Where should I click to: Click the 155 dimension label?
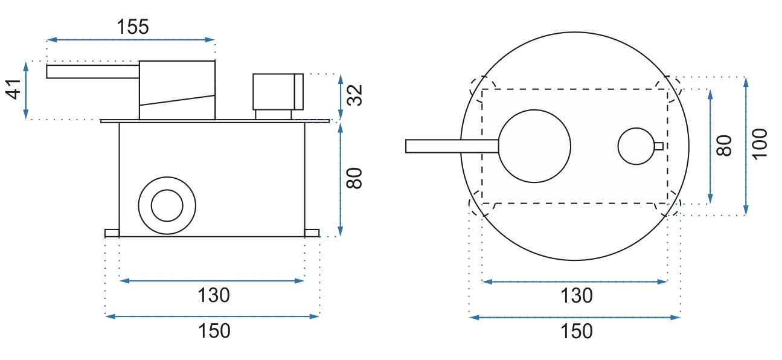coord(133,27)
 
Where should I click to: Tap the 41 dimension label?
coord(13,90)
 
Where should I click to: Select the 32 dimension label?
coord(354,95)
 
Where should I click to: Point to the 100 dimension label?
coord(760,144)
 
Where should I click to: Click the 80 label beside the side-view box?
coord(354,178)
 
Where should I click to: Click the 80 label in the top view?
coord(724,146)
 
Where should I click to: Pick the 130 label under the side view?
coord(214,295)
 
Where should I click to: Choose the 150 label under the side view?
coord(214,331)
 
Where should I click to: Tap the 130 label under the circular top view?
coord(576,296)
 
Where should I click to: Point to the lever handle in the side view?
coord(92,72)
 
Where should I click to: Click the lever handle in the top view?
coord(452,146)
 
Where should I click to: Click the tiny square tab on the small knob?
coord(659,146)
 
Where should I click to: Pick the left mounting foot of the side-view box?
coord(112,233)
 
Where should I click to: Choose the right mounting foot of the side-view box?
coord(312,233)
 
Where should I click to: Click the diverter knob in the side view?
coord(278,92)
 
